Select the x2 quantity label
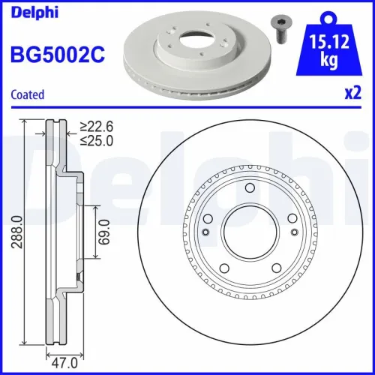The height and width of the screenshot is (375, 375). [352, 95]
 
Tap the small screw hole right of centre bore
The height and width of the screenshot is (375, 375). [295, 233]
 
